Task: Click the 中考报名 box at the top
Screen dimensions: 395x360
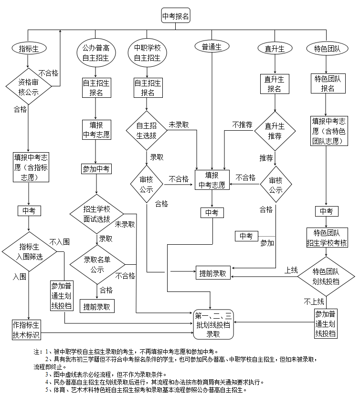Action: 176,16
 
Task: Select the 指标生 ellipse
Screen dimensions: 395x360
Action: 28,48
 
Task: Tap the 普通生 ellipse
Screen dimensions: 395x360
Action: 212,47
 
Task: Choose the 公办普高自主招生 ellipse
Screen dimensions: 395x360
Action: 96,53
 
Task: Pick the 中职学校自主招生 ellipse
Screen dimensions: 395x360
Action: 147,53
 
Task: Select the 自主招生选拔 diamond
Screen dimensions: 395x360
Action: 147,131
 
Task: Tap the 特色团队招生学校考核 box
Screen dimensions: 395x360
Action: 327,238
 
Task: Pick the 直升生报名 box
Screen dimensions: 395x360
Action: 275,84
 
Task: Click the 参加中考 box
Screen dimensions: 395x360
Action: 96,168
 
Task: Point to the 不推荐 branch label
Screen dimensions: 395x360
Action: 242,125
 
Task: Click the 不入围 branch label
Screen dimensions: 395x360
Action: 59,241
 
